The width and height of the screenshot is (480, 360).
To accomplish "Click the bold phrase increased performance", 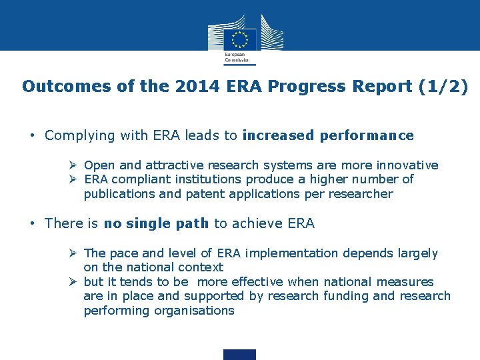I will click(328, 136).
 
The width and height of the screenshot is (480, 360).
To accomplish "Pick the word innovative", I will click(407, 165).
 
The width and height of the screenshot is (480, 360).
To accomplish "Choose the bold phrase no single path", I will click(156, 223).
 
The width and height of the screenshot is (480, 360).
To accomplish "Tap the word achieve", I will click(251, 223).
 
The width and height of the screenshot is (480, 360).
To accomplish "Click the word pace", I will click(122, 253).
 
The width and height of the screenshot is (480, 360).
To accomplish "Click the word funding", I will click(345, 296).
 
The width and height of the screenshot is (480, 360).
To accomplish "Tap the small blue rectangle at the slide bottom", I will click(239, 354).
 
